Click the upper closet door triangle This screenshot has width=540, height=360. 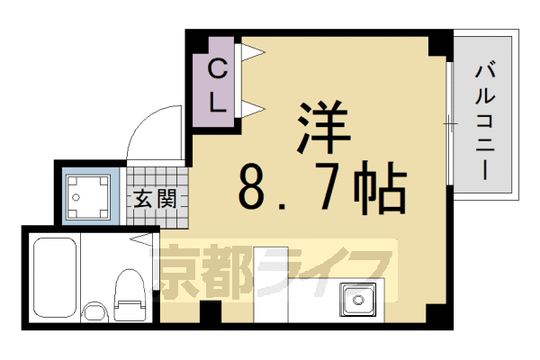[250, 54]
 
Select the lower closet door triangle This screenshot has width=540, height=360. [250, 110]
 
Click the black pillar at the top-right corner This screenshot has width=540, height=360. [440, 41]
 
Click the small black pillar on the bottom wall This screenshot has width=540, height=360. [210, 313]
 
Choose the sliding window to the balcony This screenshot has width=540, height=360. [448, 121]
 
